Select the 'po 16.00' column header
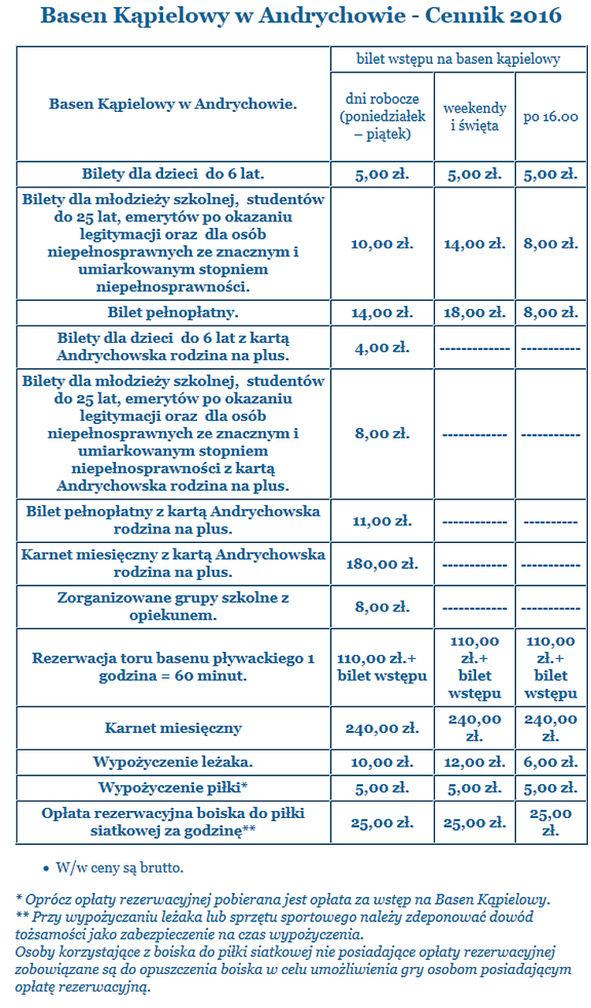coord(551,117)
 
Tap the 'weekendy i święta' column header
coord(474,117)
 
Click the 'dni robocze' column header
coord(382,117)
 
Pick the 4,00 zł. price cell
coord(382,347)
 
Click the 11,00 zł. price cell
coord(382,521)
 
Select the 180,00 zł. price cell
coord(382,564)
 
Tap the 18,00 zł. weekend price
coord(474,313)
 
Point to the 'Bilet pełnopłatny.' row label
coord(173,313)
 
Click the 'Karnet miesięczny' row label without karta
coord(173,728)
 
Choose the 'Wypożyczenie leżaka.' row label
coord(173,763)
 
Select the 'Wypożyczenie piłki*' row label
coord(173,787)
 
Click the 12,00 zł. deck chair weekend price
coord(474,763)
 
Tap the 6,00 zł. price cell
coord(551,763)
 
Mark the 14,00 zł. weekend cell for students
coord(474,244)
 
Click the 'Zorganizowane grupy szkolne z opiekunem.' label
coord(173,607)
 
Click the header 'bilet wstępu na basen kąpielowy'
coord(458,58)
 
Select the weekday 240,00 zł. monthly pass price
coord(382,729)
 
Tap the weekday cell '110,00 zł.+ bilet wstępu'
coord(382,668)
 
